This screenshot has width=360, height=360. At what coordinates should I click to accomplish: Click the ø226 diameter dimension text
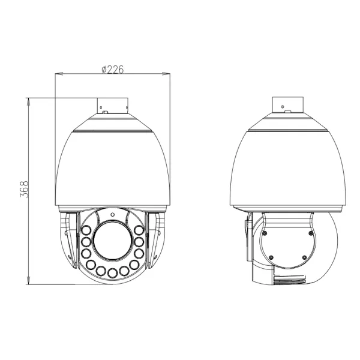click(112, 69)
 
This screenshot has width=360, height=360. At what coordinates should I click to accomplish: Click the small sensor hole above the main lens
click(112, 213)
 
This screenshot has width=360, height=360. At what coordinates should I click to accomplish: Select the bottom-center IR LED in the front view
click(112, 275)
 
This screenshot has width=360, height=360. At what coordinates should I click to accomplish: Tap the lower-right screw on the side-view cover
click(305, 258)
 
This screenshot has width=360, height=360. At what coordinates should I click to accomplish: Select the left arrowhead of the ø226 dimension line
click(56, 74)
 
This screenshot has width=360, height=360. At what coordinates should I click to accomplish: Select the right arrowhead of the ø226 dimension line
click(168, 74)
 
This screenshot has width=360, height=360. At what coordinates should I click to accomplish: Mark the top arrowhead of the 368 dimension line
click(29, 98)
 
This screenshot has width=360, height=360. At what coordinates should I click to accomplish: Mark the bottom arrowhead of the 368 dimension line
click(29, 283)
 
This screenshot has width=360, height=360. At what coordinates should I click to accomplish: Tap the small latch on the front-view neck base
click(103, 111)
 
